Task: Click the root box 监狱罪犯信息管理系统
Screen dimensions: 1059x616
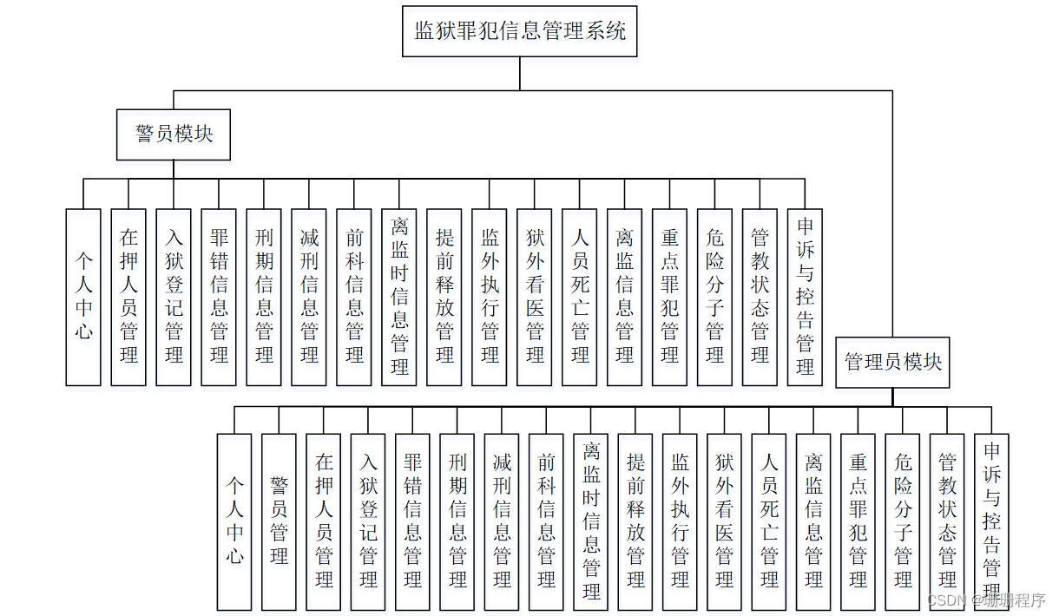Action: pos(519,32)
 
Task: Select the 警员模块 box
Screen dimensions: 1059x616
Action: pos(174,134)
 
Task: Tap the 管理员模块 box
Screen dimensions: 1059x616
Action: pos(893,362)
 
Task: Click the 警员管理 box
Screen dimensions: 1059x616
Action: pos(279,521)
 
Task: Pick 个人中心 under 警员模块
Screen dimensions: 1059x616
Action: pos(83,297)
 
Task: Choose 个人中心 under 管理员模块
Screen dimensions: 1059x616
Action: pos(234,521)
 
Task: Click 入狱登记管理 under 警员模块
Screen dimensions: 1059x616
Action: pos(174,297)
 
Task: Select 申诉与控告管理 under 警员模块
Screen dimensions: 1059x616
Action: pos(805,297)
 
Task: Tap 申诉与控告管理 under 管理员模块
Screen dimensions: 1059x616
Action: pos(991,521)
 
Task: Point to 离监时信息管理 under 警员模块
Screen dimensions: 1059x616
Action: pos(399,297)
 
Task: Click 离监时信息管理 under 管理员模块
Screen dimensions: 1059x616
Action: pos(591,521)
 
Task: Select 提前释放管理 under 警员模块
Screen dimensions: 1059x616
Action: pos(444,297)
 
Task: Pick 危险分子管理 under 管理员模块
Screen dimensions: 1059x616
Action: pos(903,521)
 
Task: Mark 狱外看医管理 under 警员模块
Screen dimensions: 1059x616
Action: pos(535,297)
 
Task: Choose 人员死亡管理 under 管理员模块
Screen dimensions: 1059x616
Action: pos(769,521)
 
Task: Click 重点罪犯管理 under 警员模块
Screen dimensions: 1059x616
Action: pos(669,297)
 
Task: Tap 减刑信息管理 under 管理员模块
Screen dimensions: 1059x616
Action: pos(502,521)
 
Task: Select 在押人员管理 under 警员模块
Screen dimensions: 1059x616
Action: pos(128,297)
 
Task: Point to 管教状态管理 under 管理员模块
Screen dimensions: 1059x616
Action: pos(947,521)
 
